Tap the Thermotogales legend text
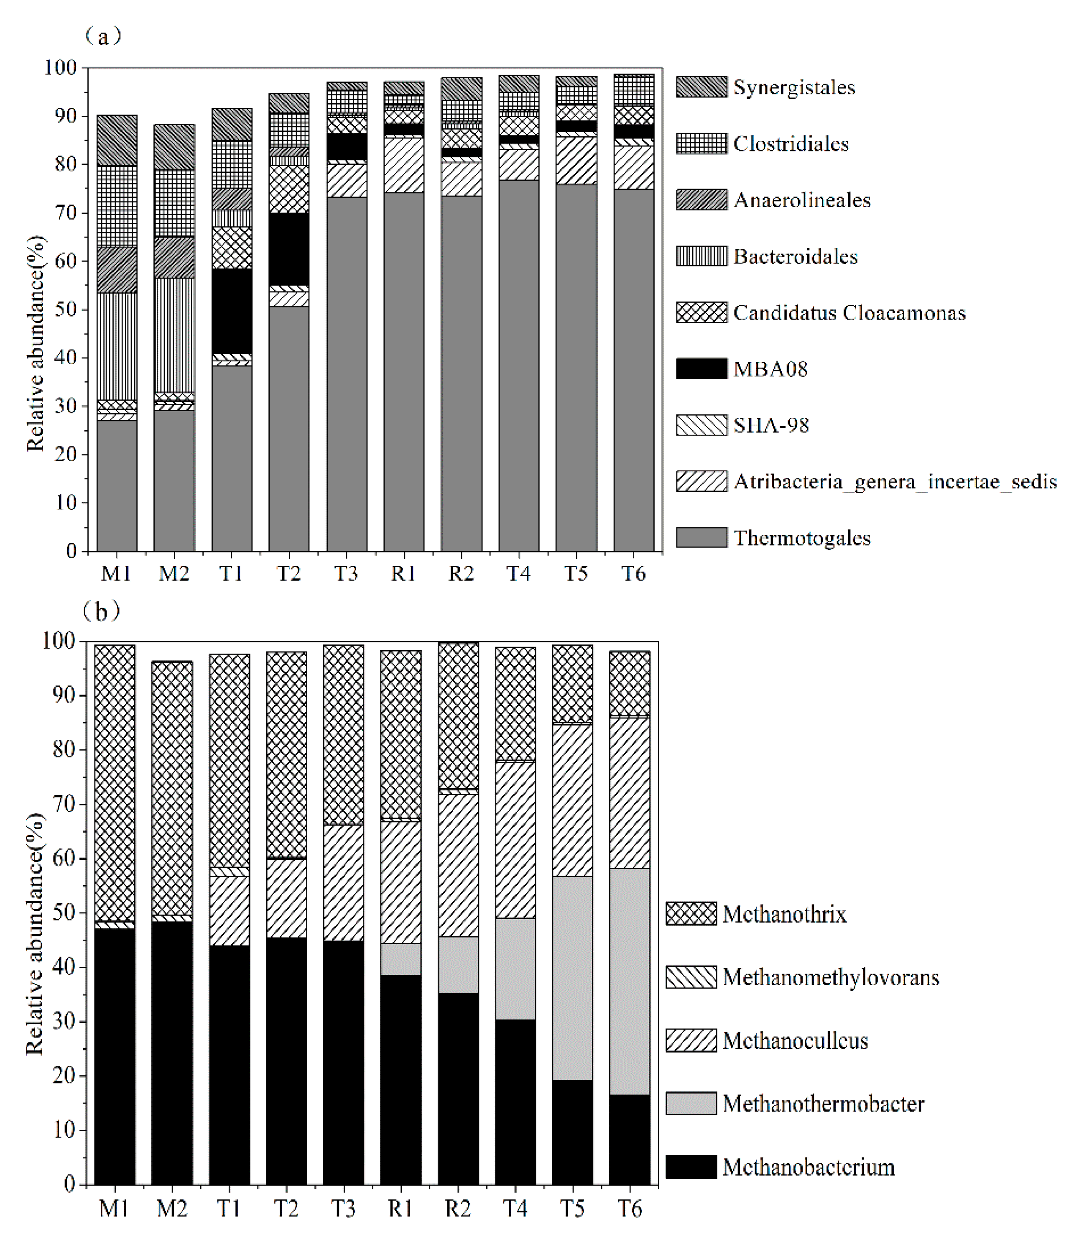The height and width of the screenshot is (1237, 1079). click(x=801, y=538)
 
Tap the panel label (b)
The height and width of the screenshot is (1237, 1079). click(x=102, y=612)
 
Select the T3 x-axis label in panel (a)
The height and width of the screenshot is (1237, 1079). click(x=346, y=573)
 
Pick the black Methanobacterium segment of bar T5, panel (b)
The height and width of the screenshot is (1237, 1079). click(x=572, y=1132)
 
